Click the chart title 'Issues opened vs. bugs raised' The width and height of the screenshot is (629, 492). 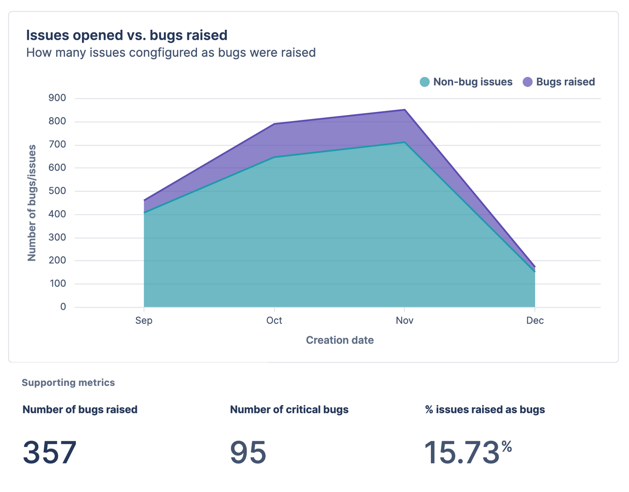127,35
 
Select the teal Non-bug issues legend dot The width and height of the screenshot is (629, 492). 425,82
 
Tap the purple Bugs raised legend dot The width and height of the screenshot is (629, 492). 527,82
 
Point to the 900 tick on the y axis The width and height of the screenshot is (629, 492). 58,98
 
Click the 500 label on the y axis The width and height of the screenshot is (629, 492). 58,191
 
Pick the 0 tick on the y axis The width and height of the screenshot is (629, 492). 63,307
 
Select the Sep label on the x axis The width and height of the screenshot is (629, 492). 144,320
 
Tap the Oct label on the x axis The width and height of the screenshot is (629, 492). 274,320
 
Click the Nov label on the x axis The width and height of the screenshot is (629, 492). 404,320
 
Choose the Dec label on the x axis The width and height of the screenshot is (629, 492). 535,320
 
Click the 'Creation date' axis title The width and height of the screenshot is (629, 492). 339,340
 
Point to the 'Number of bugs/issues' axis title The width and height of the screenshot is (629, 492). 32,203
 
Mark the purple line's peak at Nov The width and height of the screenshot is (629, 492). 404,110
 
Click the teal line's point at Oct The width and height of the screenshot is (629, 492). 274,157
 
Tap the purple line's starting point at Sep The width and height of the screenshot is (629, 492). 144,200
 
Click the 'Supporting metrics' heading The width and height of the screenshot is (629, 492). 68,383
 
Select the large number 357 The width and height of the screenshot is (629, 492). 50,452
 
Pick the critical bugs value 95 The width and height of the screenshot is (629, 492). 248,452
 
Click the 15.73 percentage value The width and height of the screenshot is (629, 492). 462,452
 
